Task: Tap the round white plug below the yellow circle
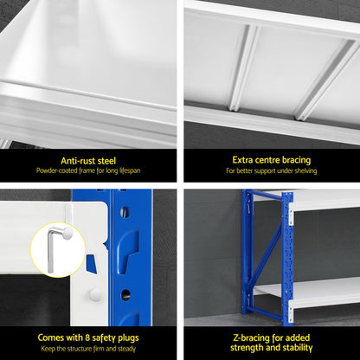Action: [x=95, y=295]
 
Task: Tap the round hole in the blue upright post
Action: [x=125, y=295]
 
